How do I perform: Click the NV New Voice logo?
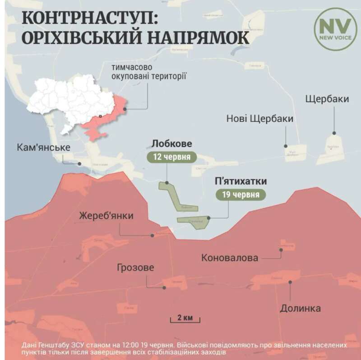(335, 29)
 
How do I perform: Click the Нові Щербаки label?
(260, 119)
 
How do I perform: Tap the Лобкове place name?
(172, 144)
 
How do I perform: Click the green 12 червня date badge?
(172, 158)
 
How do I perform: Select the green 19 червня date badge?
(240, 195)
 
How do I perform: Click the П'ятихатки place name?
(240, 181)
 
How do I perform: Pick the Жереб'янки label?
(106, 215)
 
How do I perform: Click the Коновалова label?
(230, 258)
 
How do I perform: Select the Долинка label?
(300, 309)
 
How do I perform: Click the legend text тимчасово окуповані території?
(149, 72)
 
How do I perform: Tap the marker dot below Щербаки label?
(334, 133)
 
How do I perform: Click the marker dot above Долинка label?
(291, 281)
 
